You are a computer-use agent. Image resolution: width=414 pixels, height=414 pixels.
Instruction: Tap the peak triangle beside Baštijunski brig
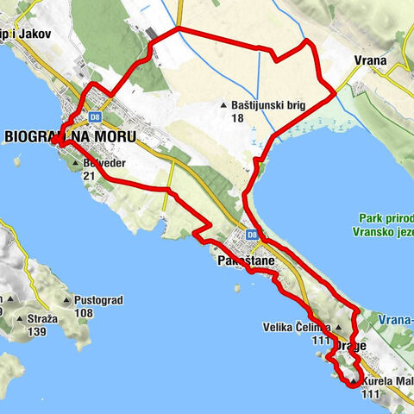click(223, 105)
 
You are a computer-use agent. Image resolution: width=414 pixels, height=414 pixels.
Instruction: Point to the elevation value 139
click(36, 331)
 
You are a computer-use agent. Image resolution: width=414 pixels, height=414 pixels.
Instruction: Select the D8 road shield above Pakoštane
click(252, 234)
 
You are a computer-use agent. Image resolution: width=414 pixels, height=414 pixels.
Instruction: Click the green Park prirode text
click(380, 220)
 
